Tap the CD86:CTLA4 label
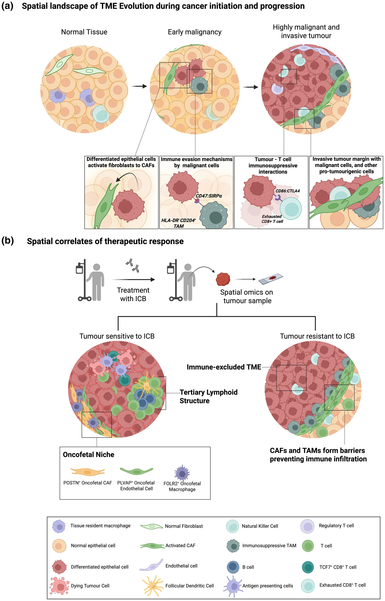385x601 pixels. (x=287, y=191)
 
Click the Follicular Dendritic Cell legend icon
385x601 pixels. (x=153, y=585)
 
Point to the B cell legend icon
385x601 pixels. (x=233, y=567)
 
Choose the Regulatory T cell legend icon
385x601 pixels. (x=307, y=526)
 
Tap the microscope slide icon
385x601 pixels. (x=271, y=279)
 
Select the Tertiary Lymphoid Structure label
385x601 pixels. (x=208, y=396)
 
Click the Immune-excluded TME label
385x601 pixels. (x=224, y=367)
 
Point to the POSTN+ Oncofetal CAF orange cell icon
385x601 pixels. (x=88, y=471)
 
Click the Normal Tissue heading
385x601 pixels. (x=84, y=32)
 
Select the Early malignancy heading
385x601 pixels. (x=194, y=32)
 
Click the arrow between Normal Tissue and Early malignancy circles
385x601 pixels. (x=139, y=86)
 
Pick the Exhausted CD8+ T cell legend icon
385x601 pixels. (x=308, y=585)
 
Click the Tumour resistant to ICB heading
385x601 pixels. (x=317, y=336)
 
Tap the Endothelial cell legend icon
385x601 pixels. (x=151, y=565)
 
